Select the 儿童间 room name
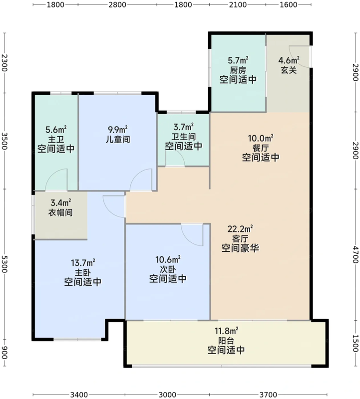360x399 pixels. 118,140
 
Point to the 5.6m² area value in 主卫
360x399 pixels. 56,129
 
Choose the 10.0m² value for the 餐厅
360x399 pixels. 261,138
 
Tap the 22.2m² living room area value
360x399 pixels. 240,229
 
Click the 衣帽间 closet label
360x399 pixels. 61,212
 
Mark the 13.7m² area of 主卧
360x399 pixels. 83,262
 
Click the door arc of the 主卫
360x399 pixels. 55,180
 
